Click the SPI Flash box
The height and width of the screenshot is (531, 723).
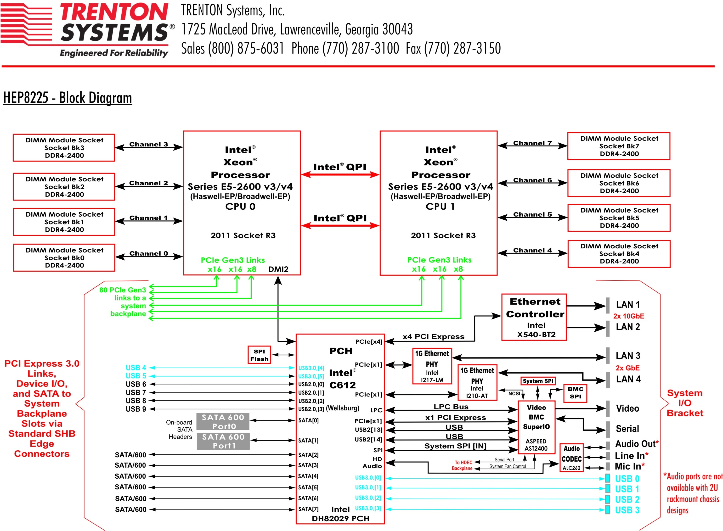[x=259, y=355]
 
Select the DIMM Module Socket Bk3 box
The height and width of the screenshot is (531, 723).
[x=64, y=148]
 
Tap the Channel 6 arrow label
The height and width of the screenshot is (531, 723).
[x=532, y=180]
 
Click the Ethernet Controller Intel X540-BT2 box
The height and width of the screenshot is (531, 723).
[x=534, y=317]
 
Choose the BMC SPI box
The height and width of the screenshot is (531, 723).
[x=575, y=393]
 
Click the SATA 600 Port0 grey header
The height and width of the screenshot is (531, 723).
[x=223, y=421]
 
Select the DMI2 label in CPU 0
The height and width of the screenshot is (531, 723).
[x=278, y=269]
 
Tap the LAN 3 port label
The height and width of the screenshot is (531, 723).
[x=628, y=356]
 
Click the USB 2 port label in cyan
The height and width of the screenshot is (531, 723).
[x=627, y=499]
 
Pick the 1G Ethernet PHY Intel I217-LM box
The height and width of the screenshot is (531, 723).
[x=432, y=366]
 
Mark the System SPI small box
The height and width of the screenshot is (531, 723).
[x=538, y=381]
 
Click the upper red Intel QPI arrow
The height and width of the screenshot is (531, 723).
[x=340, y=174]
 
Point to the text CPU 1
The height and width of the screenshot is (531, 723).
[x=440, y=206]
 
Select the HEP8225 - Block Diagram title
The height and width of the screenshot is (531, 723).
[x=68, y=98]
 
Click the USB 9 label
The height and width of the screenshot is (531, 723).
[x=136, y=409]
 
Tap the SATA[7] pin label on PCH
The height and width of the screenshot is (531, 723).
[x=308, y=509]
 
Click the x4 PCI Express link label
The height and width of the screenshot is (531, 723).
[x=433, y=336]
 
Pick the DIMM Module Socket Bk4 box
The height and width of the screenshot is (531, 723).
[x=619, y=254]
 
